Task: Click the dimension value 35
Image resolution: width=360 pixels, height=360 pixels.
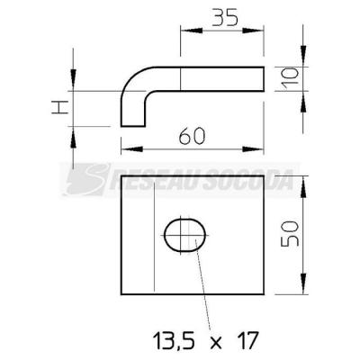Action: click(224, 17)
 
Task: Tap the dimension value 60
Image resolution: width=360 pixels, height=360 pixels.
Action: click(192, 136)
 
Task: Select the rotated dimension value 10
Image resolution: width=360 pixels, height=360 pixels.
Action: click(291, 78)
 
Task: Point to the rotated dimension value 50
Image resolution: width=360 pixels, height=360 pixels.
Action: click(290, 234)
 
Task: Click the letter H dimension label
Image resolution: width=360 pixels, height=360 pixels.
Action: click(60, 107)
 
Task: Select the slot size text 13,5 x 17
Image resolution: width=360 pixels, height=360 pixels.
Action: click(205, 341)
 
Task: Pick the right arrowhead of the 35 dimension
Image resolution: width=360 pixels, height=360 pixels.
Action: click(253, 31)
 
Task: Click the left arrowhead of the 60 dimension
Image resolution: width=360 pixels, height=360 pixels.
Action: click(132, 149)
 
